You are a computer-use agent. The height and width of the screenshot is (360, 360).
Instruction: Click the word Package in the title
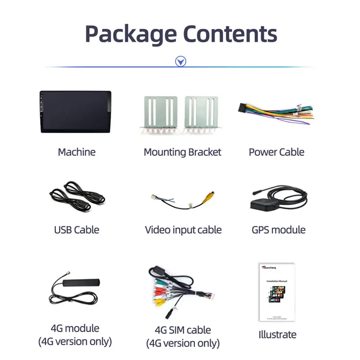(x=130, y=34)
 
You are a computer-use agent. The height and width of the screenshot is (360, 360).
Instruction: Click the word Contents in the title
(x=230, y=34)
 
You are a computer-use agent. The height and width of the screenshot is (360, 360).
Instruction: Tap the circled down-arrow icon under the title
(x=180, y=62)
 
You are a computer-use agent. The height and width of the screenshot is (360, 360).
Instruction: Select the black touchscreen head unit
(x=75, y=112)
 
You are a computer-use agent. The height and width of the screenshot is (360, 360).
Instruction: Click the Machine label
(x=76, y=152)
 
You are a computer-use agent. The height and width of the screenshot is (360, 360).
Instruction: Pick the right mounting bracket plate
(x=201, y=113)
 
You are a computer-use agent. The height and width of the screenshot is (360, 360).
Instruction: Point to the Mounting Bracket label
(x=182, y=152)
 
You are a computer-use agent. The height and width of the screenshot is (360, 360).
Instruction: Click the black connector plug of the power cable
(x=246, y=108)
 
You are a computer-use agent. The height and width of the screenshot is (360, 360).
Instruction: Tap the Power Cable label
(x=276, y=152)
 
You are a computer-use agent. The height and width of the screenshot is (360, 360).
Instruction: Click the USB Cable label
(x=76, y=230)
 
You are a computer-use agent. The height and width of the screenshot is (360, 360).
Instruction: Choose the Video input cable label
(x=183, y=230)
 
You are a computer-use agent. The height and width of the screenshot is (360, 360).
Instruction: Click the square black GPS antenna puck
(x=263, y=203)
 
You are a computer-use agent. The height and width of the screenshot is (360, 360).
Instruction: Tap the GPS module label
(x=279, y=230)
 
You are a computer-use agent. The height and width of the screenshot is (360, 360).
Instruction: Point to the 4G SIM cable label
(x=183, y=330)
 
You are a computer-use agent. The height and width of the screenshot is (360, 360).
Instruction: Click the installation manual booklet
(x=276, y=292)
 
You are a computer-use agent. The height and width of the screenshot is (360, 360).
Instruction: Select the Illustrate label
(x=277, y=335)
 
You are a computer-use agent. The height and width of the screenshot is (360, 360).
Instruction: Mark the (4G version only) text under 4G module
(x=75, y=342)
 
